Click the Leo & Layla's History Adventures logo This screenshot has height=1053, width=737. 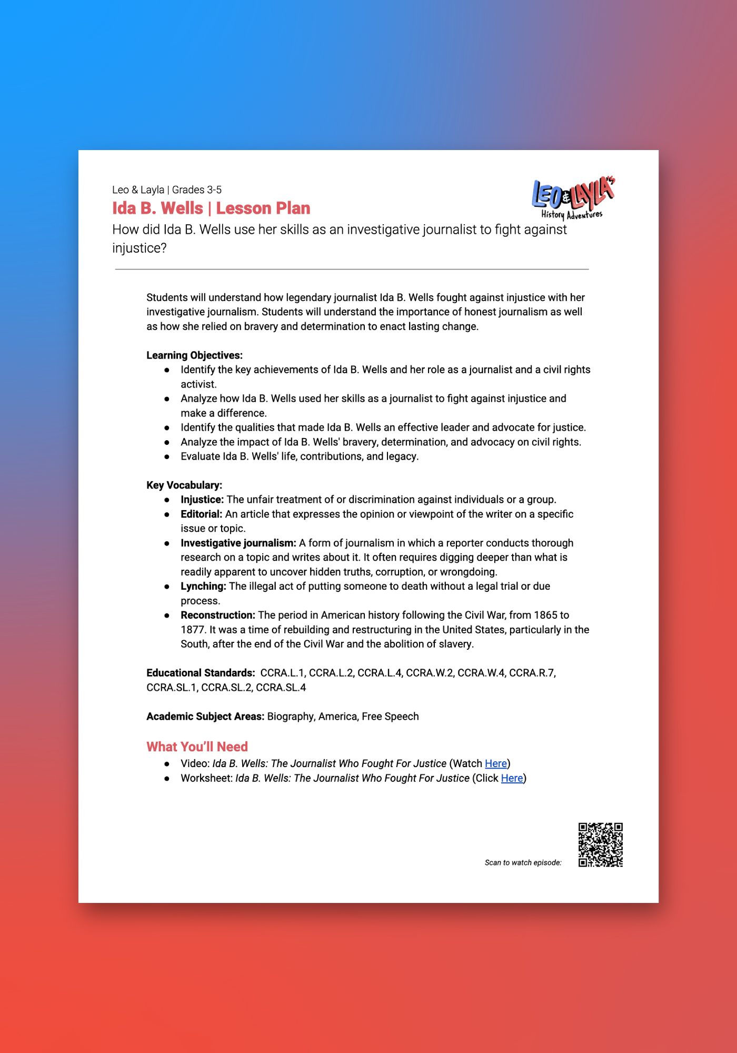(573, 197)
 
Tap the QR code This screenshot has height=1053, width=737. (600, 845)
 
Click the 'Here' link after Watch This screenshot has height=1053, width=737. (495, 763)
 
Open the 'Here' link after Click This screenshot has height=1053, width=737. (512, 778)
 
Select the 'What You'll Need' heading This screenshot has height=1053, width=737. (197, 747)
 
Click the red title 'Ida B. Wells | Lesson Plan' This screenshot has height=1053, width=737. (211, 208)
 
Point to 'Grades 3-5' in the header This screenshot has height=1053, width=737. (197, 190)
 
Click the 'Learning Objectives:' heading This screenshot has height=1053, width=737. (194, 355)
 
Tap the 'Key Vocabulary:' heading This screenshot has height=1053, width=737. (184, 485)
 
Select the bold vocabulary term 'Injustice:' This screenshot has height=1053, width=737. (202, 500)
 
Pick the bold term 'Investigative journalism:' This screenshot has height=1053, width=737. (238, 543)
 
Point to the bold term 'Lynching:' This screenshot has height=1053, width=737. (203, 586)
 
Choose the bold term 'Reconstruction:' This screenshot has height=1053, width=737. (218, 615)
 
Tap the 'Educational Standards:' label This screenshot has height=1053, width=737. (201, 673)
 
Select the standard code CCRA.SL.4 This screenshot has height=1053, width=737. (281, 688)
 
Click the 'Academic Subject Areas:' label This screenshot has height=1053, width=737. (205, 717)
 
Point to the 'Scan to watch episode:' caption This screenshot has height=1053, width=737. (523, 862)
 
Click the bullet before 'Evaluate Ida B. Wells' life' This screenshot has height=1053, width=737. (167, 456)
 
